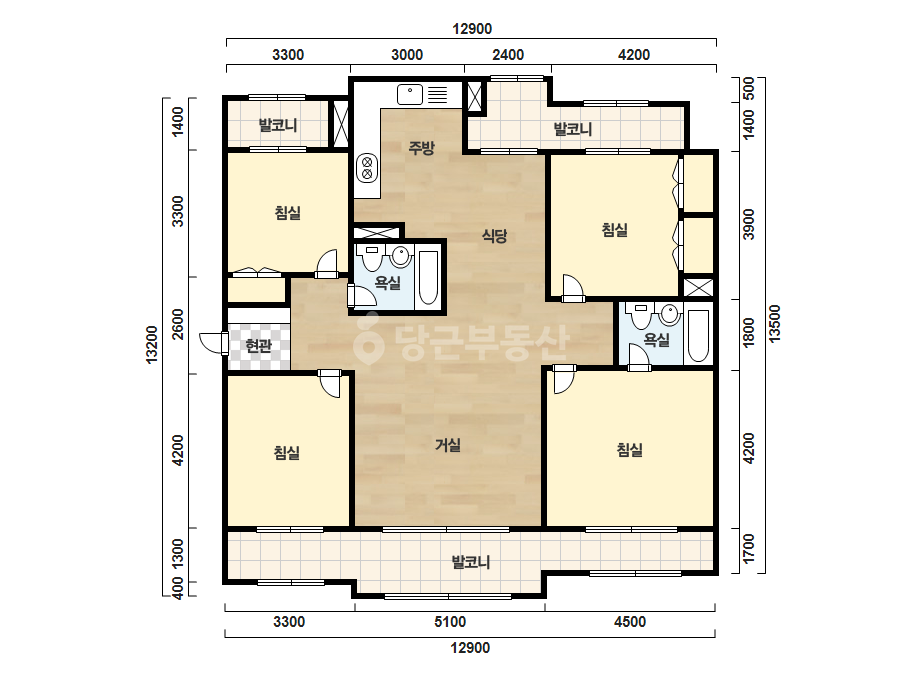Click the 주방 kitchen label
click(421, 147)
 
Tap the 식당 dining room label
click(494, 236)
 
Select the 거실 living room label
click(447, 445)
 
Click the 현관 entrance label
click(258, 346)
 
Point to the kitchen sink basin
click(410, 94)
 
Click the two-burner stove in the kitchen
click(368, 167)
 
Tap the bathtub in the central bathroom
click(428, 278)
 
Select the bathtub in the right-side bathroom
click(698, 336)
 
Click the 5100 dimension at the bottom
click(450, 622)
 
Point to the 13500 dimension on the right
click(775, 323)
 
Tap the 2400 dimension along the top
click(507, 55)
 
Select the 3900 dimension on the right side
click(748, 224)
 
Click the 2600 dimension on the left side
click(177, 324)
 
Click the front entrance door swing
click(213, 343)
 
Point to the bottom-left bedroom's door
click(330, 383)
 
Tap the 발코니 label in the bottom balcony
click(470, 562)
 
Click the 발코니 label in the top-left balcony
click(278, 125)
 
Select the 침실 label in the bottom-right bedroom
click(629, 450)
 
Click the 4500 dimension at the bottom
click(630, 622)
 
